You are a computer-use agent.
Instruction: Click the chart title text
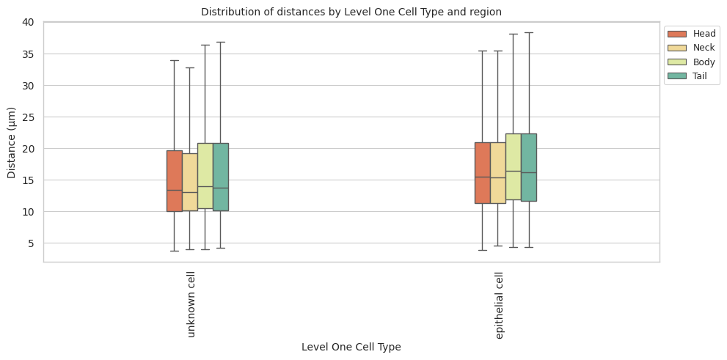(351, 12)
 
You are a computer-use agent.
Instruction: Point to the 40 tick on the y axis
(28, 23)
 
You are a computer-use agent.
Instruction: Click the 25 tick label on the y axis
(28, 117)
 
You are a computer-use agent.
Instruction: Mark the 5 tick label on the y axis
(31, 243)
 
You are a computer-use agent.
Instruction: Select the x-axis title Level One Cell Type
(351, 347)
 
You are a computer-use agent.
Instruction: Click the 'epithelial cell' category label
(500, 305)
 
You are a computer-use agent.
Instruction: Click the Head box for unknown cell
(175, 180)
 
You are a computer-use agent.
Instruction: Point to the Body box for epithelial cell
(514, 166)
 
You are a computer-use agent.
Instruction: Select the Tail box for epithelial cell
(529, 167)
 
